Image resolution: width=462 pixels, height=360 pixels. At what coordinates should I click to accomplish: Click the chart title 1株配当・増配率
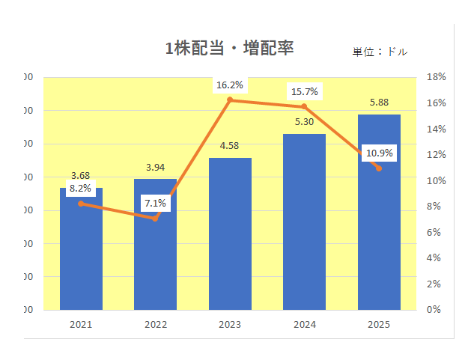(229, 49)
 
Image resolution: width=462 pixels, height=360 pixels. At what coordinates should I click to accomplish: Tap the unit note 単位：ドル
(380, 52)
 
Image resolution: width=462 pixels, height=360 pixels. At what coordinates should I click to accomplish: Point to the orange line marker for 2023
(230, 100)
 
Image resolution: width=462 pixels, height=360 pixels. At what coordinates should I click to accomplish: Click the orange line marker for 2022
(155, 219)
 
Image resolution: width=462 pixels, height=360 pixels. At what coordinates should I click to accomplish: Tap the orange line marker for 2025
(379, 168)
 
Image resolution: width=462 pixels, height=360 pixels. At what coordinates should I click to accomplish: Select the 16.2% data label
(230, 85)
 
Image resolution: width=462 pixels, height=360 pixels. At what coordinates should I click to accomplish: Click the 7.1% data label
(156, 203)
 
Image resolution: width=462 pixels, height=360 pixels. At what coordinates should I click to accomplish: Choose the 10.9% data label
(379, 153)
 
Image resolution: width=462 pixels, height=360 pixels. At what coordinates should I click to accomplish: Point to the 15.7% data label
(304, 92)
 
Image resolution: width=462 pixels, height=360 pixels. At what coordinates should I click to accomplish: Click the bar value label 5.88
(379, 103)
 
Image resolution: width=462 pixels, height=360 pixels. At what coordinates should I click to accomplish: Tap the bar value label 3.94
(155, 167)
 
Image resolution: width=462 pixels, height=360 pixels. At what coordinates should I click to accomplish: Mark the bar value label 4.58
(230, 145)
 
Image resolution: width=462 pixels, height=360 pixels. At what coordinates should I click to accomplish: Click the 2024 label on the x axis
(305, 325)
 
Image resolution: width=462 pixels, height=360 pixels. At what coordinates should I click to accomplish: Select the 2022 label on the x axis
(155, 325)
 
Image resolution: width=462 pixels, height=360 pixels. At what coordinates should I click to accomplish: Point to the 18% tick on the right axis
(436, 76)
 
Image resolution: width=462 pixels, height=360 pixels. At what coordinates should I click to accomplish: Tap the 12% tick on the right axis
(436, 154)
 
